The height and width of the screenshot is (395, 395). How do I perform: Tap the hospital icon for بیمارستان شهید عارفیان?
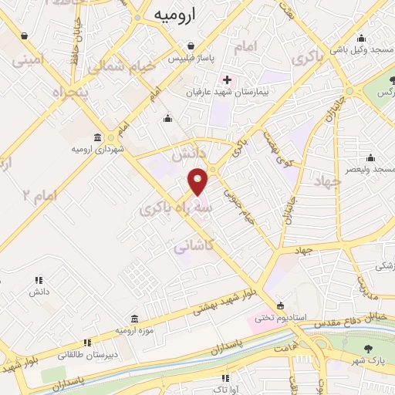227,79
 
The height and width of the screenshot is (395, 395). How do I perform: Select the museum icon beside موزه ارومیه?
134,318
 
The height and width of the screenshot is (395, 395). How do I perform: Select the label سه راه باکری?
177,206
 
